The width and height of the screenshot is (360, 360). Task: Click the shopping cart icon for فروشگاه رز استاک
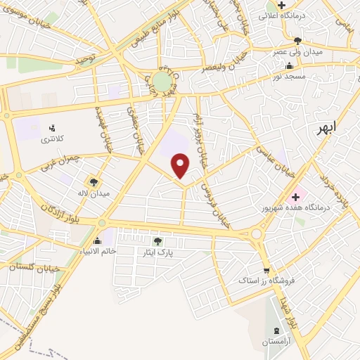point(266,271)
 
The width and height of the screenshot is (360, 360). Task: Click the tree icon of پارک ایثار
point(156,241)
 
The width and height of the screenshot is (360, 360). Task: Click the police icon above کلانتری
point(51,128)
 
